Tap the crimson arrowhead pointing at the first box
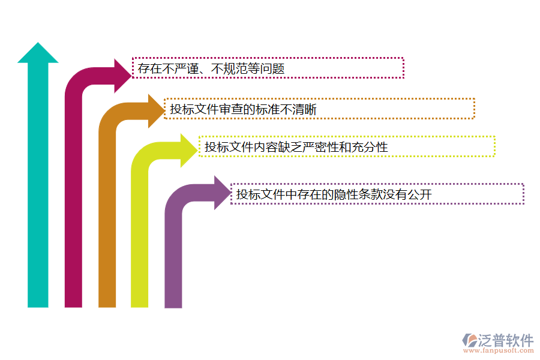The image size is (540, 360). [123, 76]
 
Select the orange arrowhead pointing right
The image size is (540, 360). [156, 110]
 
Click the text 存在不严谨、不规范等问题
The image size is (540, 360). [211, 69]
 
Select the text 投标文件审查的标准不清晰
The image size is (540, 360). [243, 109]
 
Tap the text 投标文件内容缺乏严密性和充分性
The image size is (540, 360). [296, 146]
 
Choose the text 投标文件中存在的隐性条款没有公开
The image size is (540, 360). [334, 194]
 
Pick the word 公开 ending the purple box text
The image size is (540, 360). [419, 194]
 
